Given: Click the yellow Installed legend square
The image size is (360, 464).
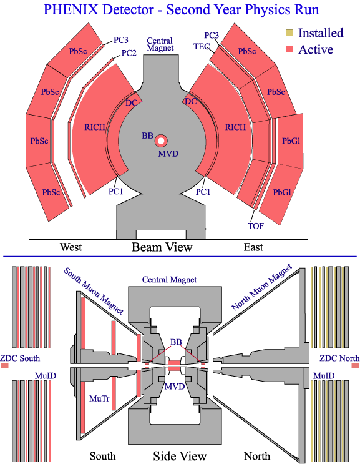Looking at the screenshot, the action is point(289,33).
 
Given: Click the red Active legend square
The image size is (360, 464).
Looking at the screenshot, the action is point(289,49).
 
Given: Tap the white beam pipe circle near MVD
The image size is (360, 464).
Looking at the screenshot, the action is point(161,141).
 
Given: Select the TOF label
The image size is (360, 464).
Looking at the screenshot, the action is point(256,226).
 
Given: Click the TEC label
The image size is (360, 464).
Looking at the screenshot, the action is point(202,46).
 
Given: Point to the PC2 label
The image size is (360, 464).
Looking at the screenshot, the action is point(129,53).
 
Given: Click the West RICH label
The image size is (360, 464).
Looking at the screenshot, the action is point(95,127).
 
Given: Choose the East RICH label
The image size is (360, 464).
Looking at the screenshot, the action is point(235,127).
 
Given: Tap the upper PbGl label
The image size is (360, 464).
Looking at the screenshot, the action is point(291,141).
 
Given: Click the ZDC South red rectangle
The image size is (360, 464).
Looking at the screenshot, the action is point(4,365).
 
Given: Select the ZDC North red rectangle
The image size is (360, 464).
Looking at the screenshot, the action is point(356,365).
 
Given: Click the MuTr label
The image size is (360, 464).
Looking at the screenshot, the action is point(99,398).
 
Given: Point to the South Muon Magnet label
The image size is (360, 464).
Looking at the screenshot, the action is point(94,290).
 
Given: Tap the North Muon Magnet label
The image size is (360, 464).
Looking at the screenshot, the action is point(261,287).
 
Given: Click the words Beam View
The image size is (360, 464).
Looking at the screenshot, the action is point(162,247).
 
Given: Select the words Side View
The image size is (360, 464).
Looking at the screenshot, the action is point(180,456).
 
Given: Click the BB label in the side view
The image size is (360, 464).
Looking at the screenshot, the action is point(176,342).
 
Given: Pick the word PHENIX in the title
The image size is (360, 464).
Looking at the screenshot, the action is point(71,10).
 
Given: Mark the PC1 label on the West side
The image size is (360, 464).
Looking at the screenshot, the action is point(115,192).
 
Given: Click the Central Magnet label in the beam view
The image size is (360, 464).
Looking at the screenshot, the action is point(160,44).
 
